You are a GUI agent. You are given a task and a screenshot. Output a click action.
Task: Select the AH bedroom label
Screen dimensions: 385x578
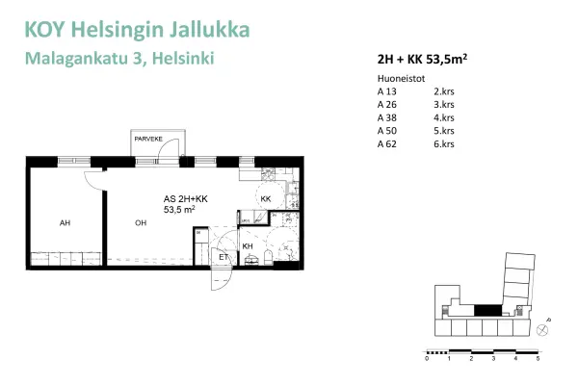pos(65,223)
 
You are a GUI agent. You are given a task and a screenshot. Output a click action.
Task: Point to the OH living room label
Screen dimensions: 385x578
pos(141,223)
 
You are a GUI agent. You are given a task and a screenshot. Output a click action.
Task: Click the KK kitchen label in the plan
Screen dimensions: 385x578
pos(267,199)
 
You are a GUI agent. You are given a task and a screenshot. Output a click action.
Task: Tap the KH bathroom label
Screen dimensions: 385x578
pos(248,247)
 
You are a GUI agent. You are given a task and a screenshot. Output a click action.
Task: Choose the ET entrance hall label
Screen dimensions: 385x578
pos(223,257)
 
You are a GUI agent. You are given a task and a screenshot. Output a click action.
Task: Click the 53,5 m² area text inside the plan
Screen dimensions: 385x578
pos(180,208)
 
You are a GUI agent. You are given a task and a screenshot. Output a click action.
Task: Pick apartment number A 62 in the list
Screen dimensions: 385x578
pos(387,143)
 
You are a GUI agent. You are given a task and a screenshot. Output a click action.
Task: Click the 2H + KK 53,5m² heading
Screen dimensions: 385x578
pos(424,58)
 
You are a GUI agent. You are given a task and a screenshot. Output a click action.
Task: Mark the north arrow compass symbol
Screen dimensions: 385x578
pos(544,327)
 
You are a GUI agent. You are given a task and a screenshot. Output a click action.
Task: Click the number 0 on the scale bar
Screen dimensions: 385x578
pos(427,358)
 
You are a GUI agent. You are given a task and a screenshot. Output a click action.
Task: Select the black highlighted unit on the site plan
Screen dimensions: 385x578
pos(489,309)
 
